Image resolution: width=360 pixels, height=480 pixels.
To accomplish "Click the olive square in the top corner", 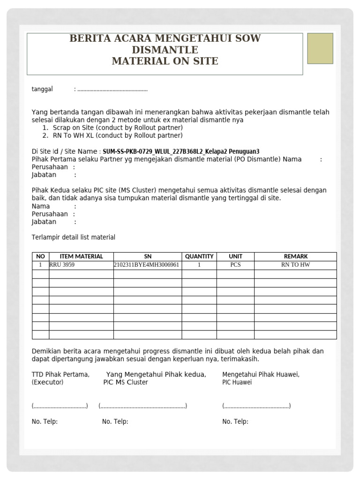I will pyautogui.click(x=320, y=48).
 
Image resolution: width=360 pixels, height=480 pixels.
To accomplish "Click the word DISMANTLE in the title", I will pyautogui.click(x=165, y=50).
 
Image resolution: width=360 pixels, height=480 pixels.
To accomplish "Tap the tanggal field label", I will pyautogui.click(x=42, y=89).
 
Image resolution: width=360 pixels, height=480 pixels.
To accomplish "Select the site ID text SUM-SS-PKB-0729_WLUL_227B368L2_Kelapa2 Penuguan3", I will pyautogui.click(x=181, y=151).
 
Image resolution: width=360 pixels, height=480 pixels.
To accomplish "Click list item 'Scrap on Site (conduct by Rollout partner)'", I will pyautogui.click(x=118, y=127).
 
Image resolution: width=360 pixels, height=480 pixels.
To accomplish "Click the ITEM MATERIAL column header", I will pyautogui.click(x=81, y=256).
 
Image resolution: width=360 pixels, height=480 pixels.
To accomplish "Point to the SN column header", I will pyautogui.click(x=148, y=256).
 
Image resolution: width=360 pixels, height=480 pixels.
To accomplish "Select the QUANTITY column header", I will pyautogui.click(x=199, y=256).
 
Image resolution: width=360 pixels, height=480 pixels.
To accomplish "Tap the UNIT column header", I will pyautogui.click(x=235, y=256).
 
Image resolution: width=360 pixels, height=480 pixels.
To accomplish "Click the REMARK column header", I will pyautogui.click(x=295, y=256).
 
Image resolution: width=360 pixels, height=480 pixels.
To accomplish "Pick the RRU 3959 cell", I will pyautogui.click(x=62, y=265).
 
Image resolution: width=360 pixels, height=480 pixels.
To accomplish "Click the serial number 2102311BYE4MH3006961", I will pyautogui.click(x=147, y=265).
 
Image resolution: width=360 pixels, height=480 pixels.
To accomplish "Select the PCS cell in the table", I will pyautogui.click(x=235, y=265).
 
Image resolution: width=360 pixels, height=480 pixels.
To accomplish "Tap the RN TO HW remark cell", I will pyautogui.click(x=295, y=265).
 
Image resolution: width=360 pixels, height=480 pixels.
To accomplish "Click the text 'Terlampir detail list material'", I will pyautogui.click(x=73, y=237).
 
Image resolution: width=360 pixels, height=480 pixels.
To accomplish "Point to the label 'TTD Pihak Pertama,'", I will pyautogui.click(x=60, y=375).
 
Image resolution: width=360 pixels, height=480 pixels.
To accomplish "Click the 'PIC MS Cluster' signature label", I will pyautogui.click(x=125, y=382).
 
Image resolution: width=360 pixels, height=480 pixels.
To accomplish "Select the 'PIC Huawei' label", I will pyautogui.click(x=237, y=382).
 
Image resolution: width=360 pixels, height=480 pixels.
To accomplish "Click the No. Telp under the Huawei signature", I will pyautogui.click(x=235, y=421).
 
